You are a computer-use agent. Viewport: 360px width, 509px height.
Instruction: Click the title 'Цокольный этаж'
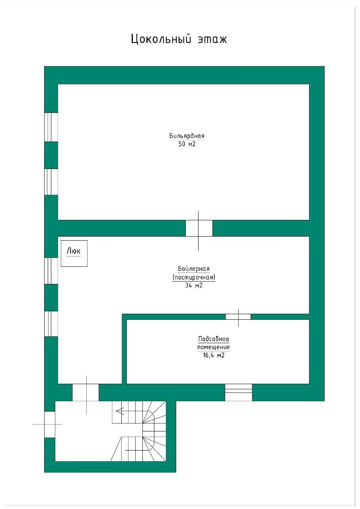(179, 39)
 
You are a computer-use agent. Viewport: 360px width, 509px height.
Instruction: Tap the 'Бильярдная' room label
(187, 136)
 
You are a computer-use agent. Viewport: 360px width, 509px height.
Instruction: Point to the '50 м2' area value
(187, 144)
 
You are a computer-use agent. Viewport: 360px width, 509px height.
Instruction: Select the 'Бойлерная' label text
(194, 268)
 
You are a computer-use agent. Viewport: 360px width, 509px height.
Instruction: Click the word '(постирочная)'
(194, 277)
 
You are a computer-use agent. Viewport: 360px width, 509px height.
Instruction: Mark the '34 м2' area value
(194, 286)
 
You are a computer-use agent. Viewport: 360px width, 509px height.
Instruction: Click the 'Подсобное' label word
(214, 339)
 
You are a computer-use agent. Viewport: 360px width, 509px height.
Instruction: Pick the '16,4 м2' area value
(214, 355)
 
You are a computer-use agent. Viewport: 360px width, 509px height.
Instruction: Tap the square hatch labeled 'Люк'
(74, 253)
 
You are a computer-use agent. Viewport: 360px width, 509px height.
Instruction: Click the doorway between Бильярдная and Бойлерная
(199, 228)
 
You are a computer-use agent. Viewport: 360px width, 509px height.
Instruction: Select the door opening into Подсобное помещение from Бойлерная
(238, 317)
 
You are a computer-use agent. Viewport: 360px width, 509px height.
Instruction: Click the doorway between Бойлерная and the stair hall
(86, 392)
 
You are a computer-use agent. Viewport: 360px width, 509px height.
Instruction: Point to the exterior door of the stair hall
(50, 424)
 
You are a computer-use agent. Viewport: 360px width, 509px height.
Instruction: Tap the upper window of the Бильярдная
(51, 127)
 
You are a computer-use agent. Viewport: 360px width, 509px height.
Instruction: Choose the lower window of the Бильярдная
(51, 182)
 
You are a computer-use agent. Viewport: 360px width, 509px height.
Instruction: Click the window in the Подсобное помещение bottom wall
(238, 392)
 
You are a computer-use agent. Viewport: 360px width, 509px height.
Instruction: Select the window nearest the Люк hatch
(51, 271)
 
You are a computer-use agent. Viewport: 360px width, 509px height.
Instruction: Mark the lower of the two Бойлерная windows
(51, 324)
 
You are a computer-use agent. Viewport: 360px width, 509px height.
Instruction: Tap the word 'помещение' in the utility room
(214, 347)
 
